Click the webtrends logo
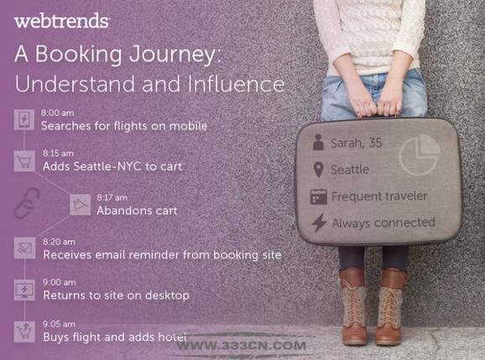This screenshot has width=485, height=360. tap(61, 20)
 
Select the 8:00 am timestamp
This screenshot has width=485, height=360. tap(58, 112)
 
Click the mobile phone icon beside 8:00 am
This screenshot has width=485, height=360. tap(24, 119)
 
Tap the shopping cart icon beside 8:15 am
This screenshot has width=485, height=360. tap(24, 161)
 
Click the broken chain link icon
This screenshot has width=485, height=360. tap(27, 203)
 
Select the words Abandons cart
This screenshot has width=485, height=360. tap(137, 211)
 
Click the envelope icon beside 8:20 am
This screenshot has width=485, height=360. tap(24, 248)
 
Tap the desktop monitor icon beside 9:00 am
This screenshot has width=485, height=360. tap(24, 290)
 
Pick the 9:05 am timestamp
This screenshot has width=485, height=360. tap(59, 324)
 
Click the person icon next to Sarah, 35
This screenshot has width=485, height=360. tap(318, 143)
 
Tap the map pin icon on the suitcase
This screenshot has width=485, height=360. tap(318, 170)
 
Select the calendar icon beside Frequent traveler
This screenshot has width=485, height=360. tap(318, 196)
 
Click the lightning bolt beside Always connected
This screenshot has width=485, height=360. tap(319, 222)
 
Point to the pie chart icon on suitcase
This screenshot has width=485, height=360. tap(420, 155)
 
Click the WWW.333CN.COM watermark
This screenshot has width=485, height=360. tap(242, 346)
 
